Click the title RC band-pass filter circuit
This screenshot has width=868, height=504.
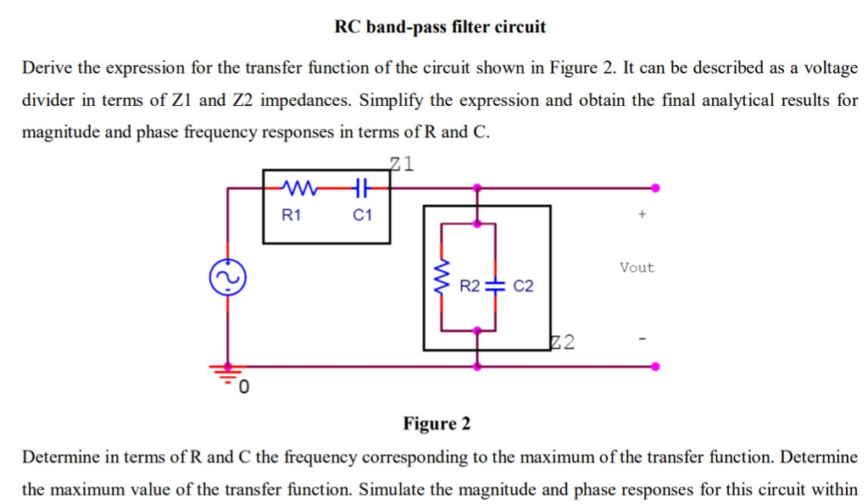(x=440, y=27)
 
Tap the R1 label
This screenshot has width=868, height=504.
(x=291, y=215)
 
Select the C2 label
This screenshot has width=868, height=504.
(x=523, y=285)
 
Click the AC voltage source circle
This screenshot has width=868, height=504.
(x=226, y=276)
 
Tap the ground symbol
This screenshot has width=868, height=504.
(x=226, y=372)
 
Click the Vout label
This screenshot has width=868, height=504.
(x=637, y=268)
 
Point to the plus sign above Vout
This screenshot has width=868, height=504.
(x=643, y=217)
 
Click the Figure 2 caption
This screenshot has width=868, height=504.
(x=437, y=423)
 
